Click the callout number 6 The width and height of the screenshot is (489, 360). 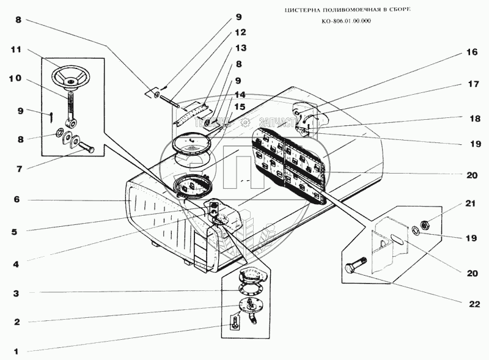(17, 199)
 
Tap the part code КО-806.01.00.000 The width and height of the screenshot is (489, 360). (345, 22)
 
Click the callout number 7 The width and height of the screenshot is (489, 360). (17, 167)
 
